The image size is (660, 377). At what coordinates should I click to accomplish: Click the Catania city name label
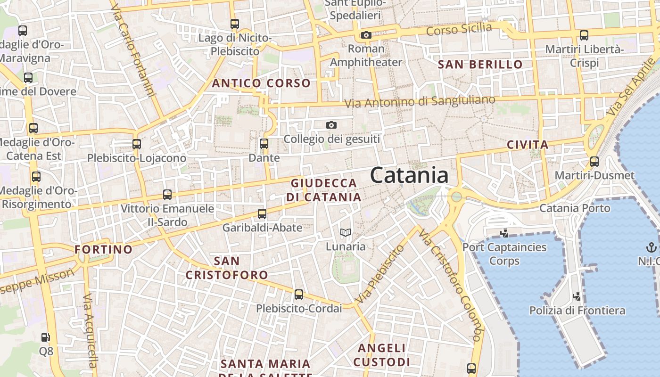click(x=409, y=175)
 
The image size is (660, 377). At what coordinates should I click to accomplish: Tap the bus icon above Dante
click(x=264, y=143)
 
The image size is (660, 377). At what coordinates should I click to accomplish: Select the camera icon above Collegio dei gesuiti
click(x=331, y=125)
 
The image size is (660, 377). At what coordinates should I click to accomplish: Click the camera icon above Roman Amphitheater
click(x=366, y=35)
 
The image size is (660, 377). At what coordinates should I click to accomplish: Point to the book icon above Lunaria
click(x=346, y=232)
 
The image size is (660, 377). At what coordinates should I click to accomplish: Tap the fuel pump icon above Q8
click(x=45, y=337)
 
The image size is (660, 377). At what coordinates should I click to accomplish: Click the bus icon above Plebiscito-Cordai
click(x=298, y=295)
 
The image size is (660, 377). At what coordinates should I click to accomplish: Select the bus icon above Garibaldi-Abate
click(x=262, y=213)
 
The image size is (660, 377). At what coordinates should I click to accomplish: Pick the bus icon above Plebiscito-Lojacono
click(x=137, y=144)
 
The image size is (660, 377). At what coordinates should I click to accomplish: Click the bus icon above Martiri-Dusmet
click(x=594, y=162)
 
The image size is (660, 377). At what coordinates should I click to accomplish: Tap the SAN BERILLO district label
click(x=480, y=65)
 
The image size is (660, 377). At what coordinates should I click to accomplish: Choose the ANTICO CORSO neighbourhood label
click(x=261, y=83)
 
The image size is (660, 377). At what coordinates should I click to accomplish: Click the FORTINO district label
click(x=104, y=249)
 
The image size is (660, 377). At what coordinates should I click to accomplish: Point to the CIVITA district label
click(x=528, y=145)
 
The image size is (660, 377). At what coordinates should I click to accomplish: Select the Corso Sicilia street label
click(x=459, y=29)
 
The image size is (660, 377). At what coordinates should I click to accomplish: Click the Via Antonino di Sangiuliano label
click(x=420, y=101)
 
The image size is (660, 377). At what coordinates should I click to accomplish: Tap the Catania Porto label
click(x=575, y=208)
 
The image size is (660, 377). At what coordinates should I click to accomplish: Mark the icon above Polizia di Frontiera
click(x=577, y=296)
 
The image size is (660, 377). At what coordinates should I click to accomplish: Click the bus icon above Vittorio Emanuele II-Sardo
click(x=167, y=194)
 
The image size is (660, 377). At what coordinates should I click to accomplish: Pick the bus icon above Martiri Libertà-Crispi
click(x=584, y=35)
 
